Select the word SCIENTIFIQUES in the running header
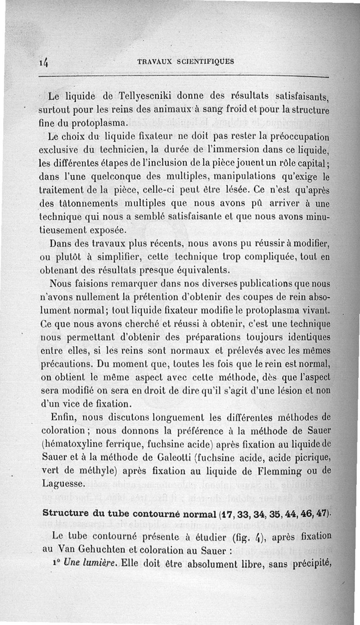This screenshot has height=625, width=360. click(x=205, y=62)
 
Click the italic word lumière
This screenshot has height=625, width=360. click(x=89, y=563)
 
